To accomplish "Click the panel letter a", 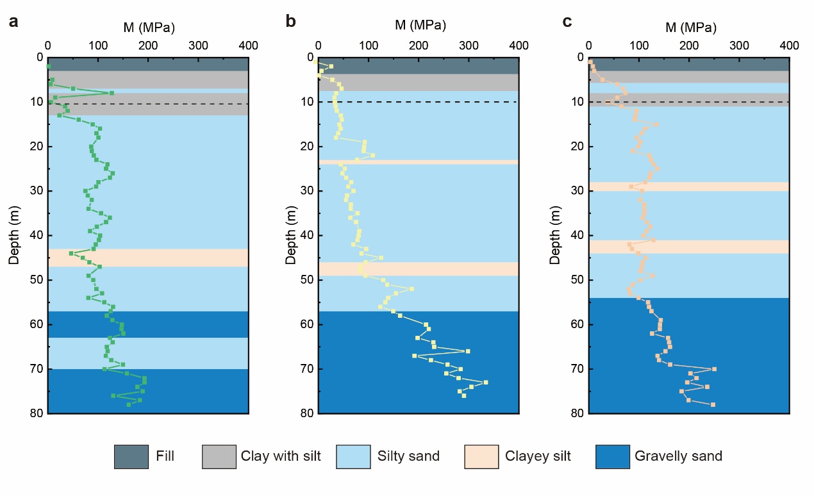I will pyautogui.click(x=13, y=22).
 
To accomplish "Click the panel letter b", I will pyautogui.click(x=290, y=22).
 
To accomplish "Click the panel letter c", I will pyautogui.click(x=567, y=22).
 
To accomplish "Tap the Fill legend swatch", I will pyautogui.click(x=131, y=457).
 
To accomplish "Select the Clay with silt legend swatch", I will pyautogui.click(x=219, y=457).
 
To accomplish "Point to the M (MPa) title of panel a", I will pyautogui.click(x=149, y=27).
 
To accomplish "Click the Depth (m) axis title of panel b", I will pyautogui.click(x=290, y=235).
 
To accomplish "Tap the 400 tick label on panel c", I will pyautogui.click(x=789, y=46).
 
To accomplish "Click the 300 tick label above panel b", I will pyautogui.click(x=469, y=46).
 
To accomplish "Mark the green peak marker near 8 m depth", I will pyautogui.click(x=112, y=93).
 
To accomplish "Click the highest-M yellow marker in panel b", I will pyautogui.click(x=486, y=382).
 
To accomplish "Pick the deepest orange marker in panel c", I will pyautogui.click(x=713, y=404).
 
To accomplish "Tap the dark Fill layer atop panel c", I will pyautogui.click(x=688, y=64).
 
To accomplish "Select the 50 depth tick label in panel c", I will pyautogui.click(x=576, y=280).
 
